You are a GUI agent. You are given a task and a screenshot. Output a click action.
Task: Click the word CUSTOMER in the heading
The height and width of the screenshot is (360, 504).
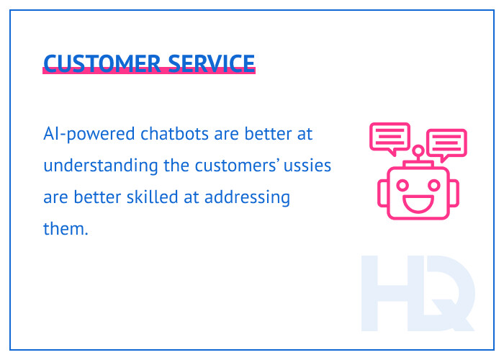point(101,63)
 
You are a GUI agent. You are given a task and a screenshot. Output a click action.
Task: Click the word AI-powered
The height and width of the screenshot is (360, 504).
point(78,135)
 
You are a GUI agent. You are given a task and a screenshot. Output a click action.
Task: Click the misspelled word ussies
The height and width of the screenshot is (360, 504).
point(309,166)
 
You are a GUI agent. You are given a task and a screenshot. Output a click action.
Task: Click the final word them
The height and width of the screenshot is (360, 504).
point(65,229)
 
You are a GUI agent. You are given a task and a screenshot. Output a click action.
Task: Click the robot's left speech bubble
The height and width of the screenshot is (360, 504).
point(390,137)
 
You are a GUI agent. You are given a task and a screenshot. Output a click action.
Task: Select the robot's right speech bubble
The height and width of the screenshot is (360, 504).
point(446,143)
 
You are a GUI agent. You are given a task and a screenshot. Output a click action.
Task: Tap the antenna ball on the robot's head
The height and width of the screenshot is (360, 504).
point(418,151)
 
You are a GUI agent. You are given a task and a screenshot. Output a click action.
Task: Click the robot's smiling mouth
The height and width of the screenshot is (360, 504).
point(418,201)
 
